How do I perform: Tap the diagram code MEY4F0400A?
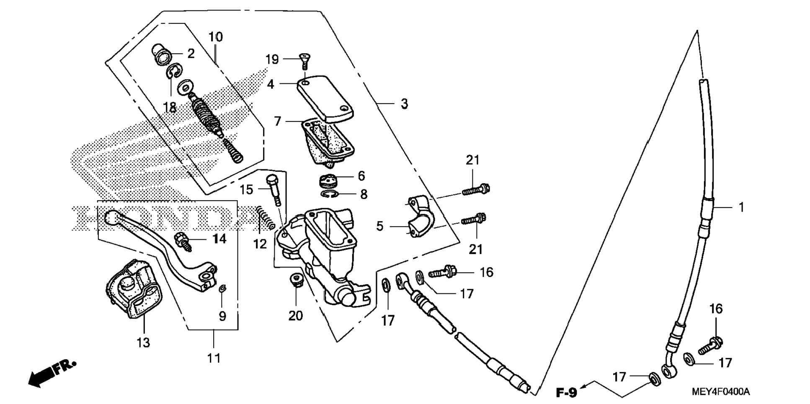point(721,392)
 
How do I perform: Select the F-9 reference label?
point(567,393)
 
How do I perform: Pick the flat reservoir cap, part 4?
point(326,98)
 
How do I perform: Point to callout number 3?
point(404,104)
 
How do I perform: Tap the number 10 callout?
point(216,37)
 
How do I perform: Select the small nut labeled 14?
point(183,242)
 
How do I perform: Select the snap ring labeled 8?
point(331,194)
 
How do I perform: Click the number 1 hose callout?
point(741,207)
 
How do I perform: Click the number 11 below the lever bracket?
point(214,358)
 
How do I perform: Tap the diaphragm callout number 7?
point(277,122)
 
